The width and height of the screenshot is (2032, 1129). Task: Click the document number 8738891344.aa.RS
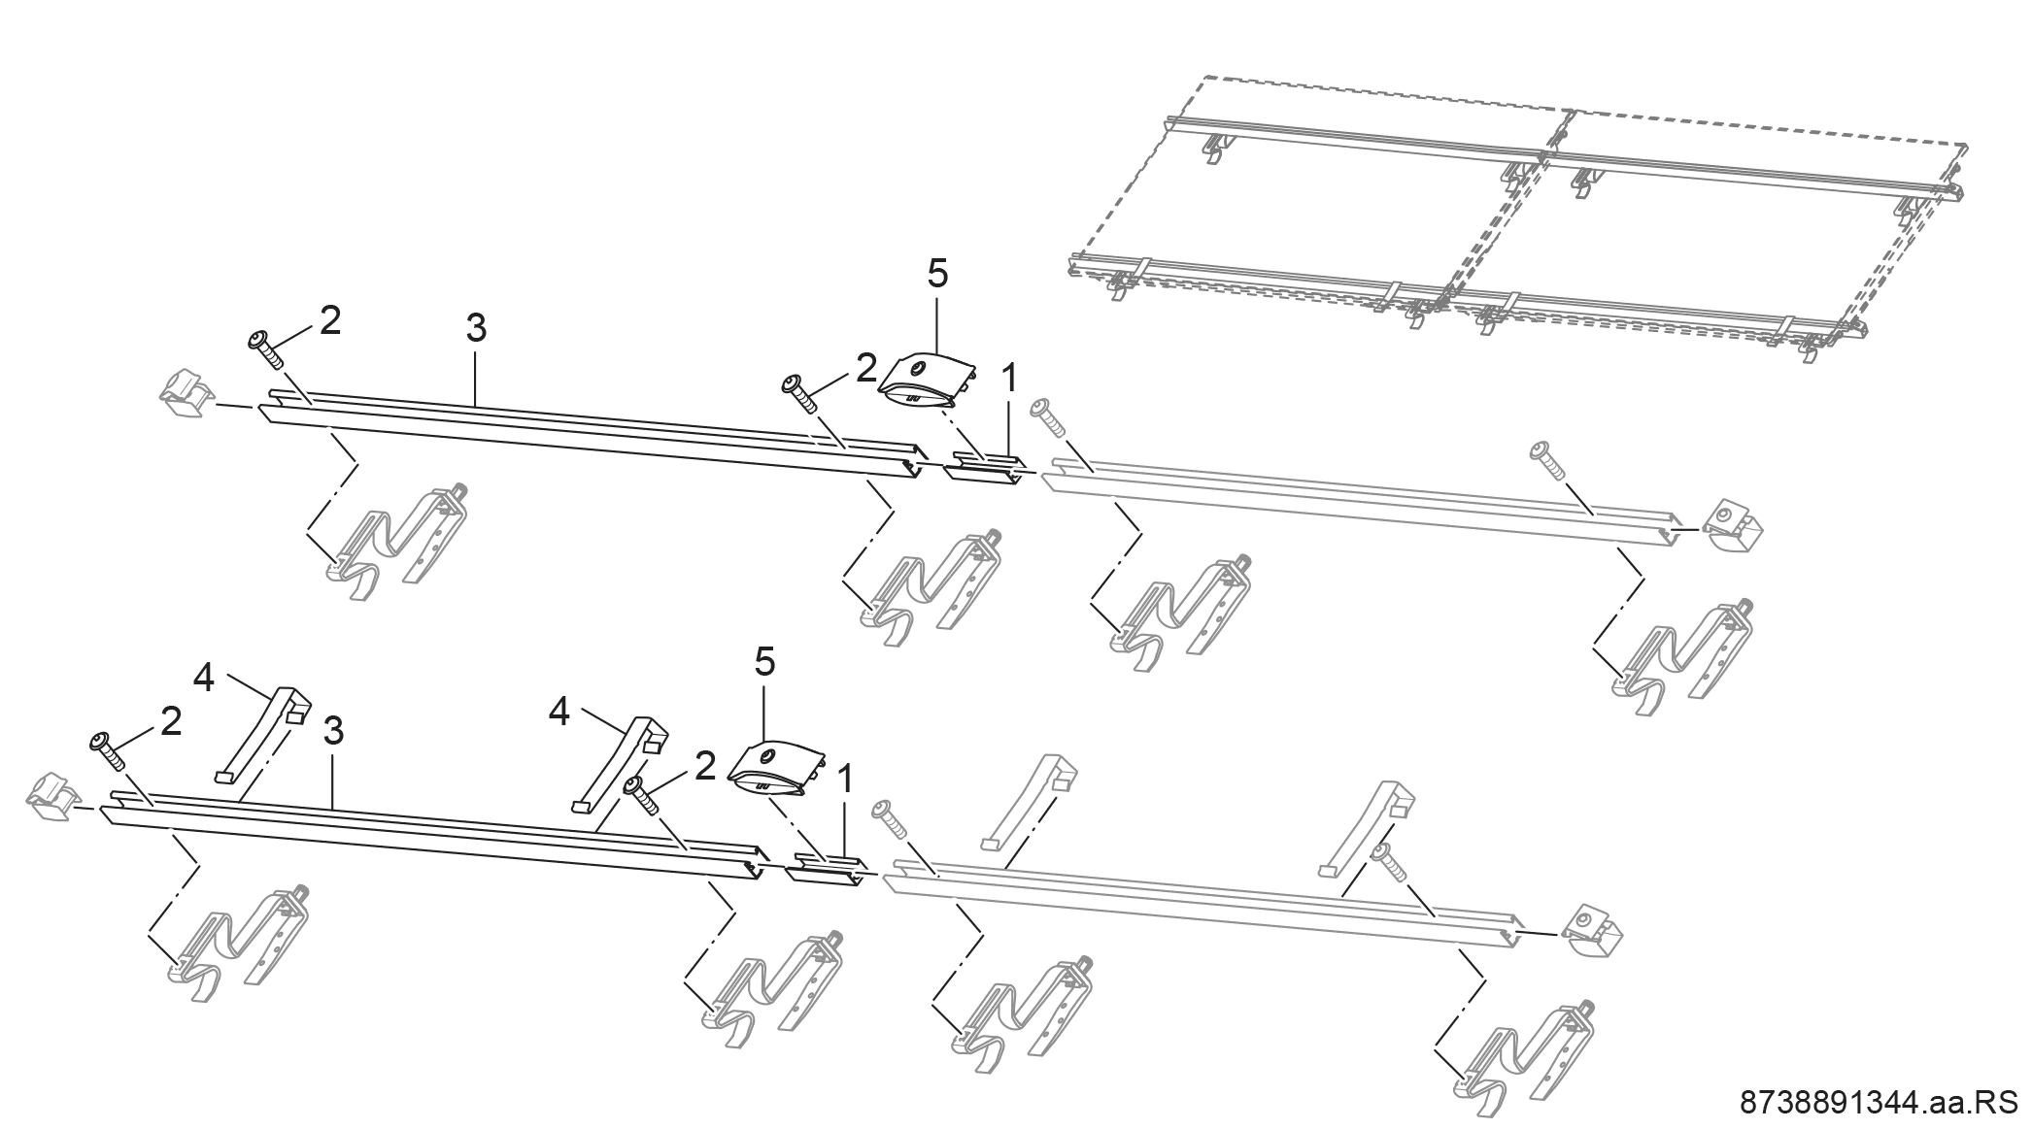click(x=1883, y=1104)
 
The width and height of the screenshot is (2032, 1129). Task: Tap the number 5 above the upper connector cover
click(x=936, y=275)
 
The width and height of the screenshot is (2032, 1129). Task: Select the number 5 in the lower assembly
click(x=765, y=663)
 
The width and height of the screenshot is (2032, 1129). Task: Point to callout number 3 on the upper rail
click(x=475, y=328)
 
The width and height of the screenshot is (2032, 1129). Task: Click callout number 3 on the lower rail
click(x=333, y=732)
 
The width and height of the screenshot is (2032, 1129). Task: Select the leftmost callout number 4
click(x=204, y=679)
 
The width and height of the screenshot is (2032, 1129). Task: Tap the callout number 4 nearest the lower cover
click(x=559, y=712)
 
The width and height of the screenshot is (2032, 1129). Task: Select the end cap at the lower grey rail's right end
click(x=1593, y=933)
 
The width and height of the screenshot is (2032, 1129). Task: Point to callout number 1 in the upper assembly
click(x=1009, y=379)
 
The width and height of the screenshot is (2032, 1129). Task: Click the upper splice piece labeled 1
click(x=983, y=465)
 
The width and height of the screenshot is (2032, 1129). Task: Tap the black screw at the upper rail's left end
click(x=265, y=349)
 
